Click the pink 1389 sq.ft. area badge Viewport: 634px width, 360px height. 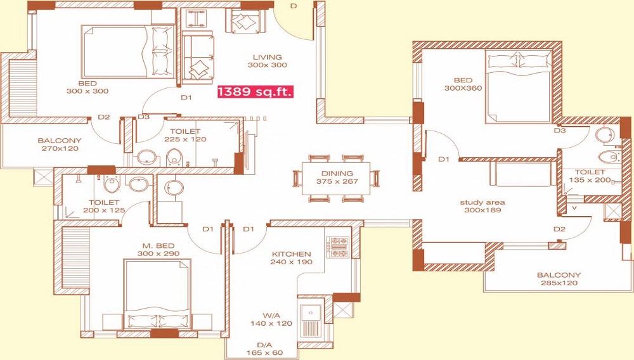(255, 91)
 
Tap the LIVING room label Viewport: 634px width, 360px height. (268, 57)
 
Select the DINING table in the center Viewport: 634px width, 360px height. (337, 177)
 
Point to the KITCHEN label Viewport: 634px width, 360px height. (291, 254)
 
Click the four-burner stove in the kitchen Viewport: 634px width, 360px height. (339, 247)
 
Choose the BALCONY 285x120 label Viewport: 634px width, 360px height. (559, 279)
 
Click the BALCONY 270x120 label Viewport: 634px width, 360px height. (60, 145)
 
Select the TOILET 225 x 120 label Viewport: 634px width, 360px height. (185, 135)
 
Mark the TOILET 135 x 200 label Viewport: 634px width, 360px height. (590, 176)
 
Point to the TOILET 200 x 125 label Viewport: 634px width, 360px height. (104, 206)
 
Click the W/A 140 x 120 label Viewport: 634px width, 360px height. (271, 319)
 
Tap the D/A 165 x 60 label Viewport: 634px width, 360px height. (265, 349)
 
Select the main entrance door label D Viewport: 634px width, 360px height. (294, 6)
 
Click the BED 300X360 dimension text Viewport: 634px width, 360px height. (463, 88)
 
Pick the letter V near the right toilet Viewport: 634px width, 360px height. (574, 208)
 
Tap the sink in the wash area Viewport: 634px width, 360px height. (311, 312)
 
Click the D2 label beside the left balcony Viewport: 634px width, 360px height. (104, 117)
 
